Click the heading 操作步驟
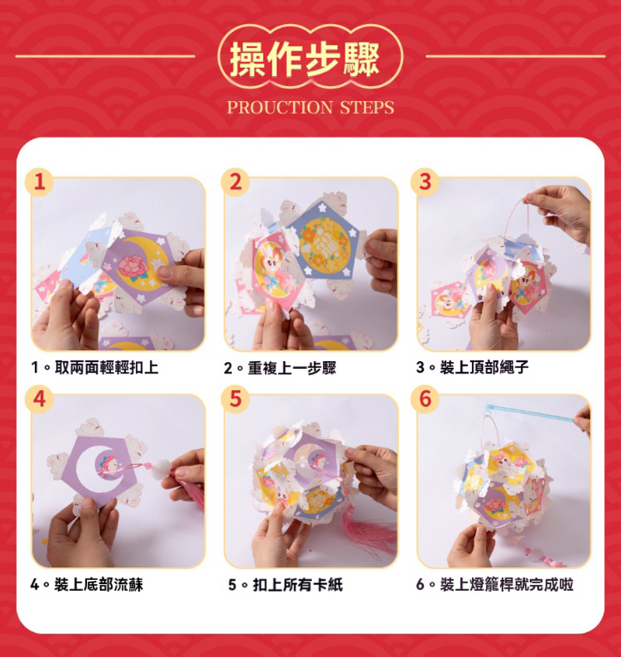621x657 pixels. (305, 60)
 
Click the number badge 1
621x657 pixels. (39, 182)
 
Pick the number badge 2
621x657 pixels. (235, 182)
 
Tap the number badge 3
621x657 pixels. (425, 182)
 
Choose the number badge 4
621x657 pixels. (39, 399)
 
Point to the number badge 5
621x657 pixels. (235, 399)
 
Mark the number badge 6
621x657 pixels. (425, 399)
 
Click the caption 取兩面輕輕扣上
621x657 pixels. (107, 367)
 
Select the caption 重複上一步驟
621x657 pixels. (292, 368)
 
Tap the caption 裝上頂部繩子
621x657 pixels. (484, 367)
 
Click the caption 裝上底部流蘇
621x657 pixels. (99, 584)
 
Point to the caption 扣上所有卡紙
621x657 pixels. (298, 585)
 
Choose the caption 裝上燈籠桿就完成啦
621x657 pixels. (506, 584)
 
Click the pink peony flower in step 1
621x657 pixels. (134, 267)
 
